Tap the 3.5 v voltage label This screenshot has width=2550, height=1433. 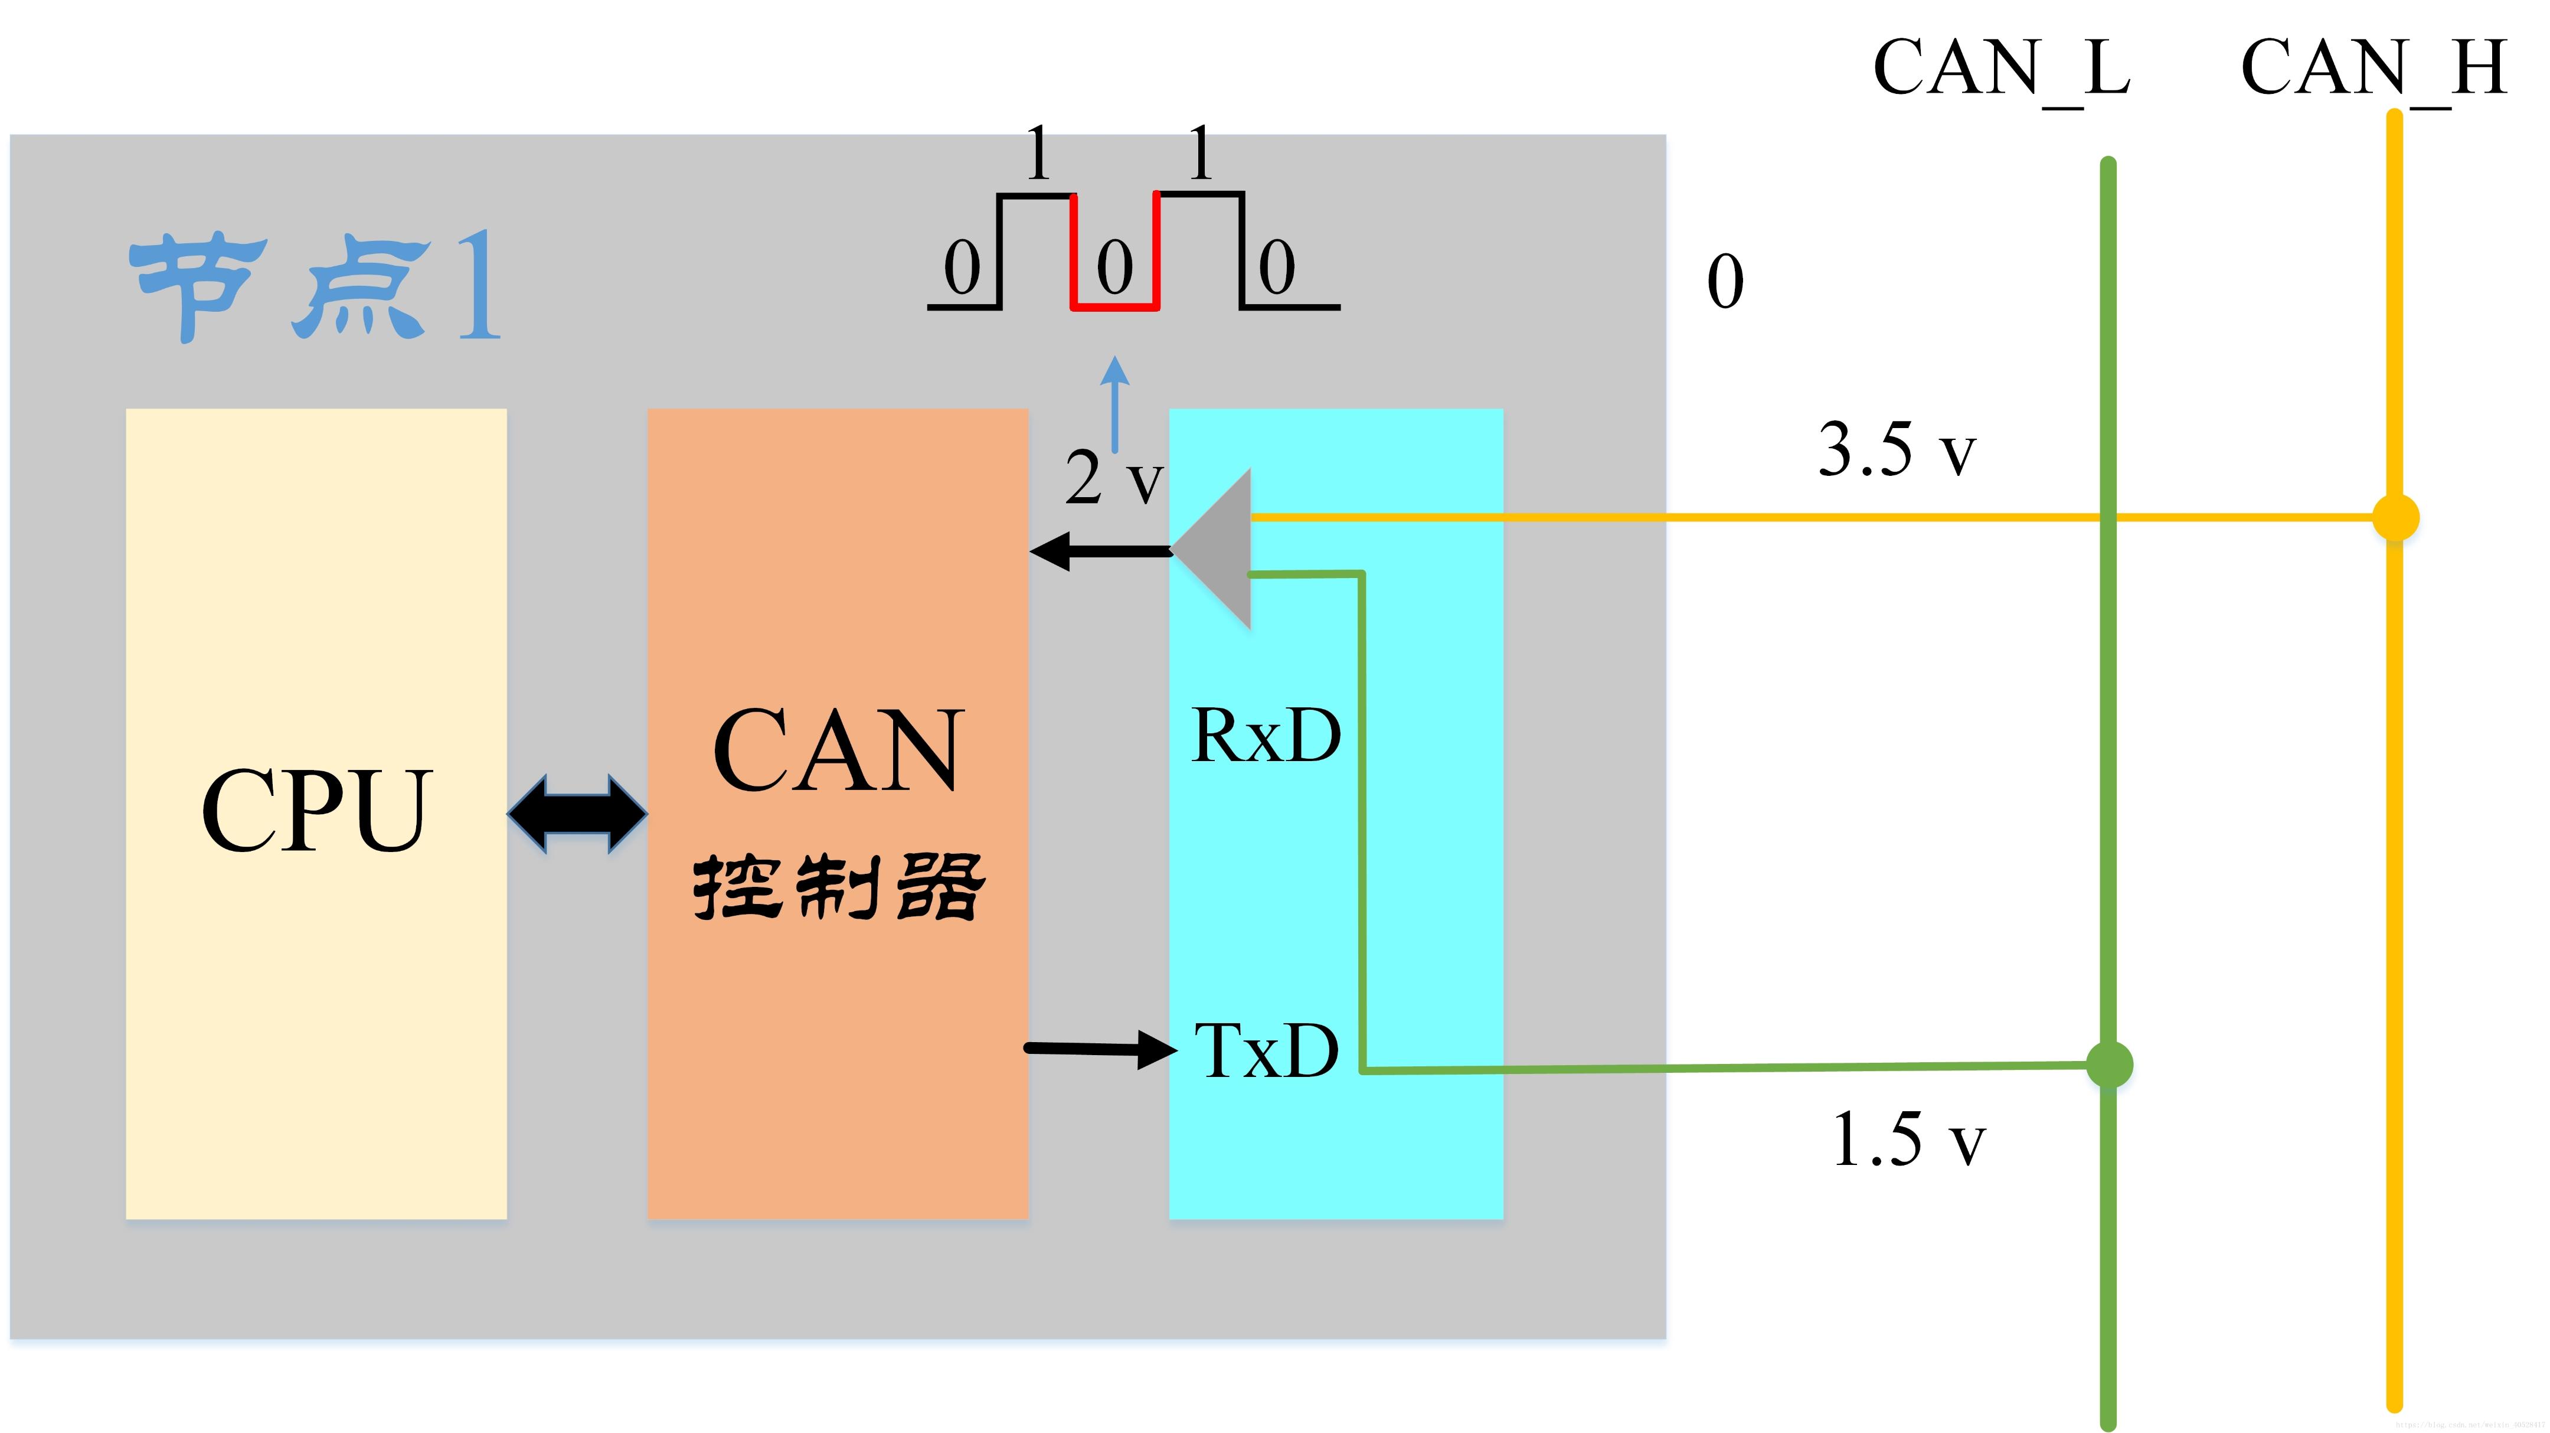[1895, 451]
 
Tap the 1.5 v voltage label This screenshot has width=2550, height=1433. [1908, 1140]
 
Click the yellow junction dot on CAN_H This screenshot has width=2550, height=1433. [2395, 518]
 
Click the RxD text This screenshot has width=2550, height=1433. [1266, 736]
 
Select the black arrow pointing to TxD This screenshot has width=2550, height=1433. [1101, 1049]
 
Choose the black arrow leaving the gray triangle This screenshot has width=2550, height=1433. [1099, 551]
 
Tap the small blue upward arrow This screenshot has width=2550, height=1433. [1114, 401]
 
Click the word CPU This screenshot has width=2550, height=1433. [317, 810]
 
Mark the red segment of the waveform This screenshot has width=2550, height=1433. [1114, 305]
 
